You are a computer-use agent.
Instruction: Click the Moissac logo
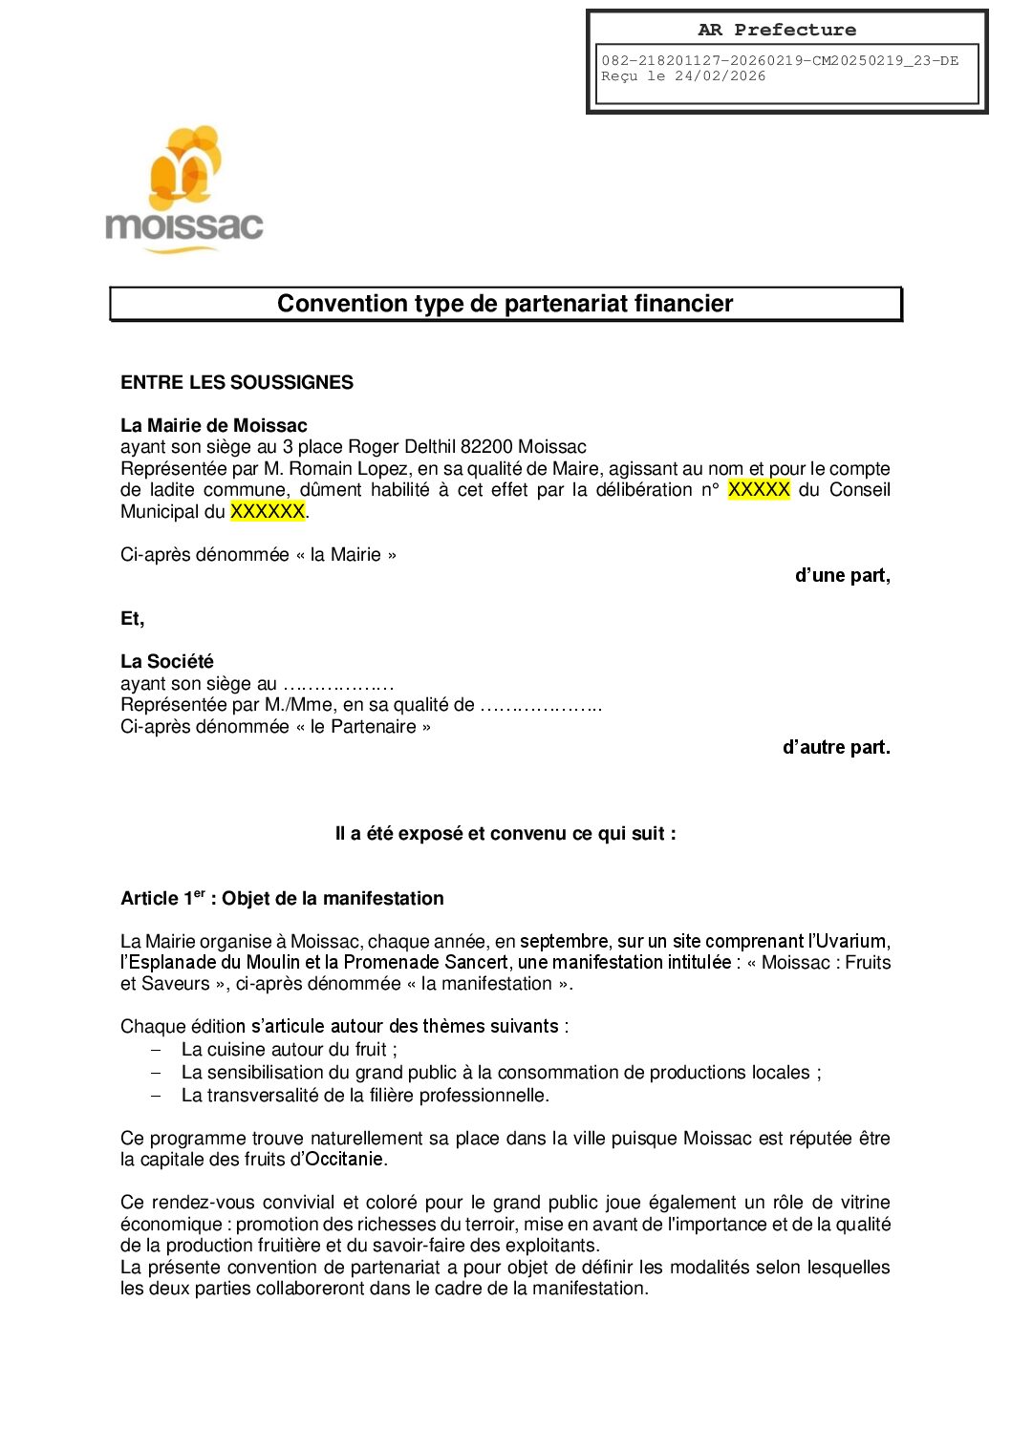pyautogui.click(x=183, y=190)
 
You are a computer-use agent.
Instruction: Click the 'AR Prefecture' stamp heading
pyautogui.click(x=776, y=30)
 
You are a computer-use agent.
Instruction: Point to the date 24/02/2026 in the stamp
pyautogui.click(x=720, y=76)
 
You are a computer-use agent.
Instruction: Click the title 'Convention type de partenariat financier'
pyautogui.click(x=505, y=304)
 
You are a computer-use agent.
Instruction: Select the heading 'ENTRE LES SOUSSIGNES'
pyautogui.click(x=236, y=382)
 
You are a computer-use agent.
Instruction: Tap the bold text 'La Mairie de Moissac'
pyautogui.click(x=213, y=425)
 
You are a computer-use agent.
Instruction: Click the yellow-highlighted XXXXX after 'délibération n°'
pyautogui.click(x=759, y=489)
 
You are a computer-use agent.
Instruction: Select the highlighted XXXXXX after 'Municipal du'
pyautogui.click(x=267, y=511)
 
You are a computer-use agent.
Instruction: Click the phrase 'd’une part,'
pyautogui.click(x=842, y=575)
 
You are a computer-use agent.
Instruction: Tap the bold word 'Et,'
pyautogui.click(x=132, y=618)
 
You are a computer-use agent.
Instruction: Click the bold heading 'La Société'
pyautogui.click(x=166, y=661)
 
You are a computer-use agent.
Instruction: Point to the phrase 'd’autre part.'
pyautogui.click(x=835, y=747)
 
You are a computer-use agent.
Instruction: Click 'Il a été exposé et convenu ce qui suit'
pyautogui.click(x=505, y=833)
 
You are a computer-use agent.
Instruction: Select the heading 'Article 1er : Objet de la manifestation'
pyautogui.click(x=282, y=898)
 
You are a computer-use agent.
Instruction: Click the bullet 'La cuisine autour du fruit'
pyautogui.click(x=289, y=1049)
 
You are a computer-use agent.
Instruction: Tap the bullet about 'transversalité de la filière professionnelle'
pyautogui.click(x=365, y=1095)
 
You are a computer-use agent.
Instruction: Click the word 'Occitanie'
pyautogui.click(x=344, y=1159)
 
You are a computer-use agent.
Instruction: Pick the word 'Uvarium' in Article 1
pyautogui.click(x=849, y=941)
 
